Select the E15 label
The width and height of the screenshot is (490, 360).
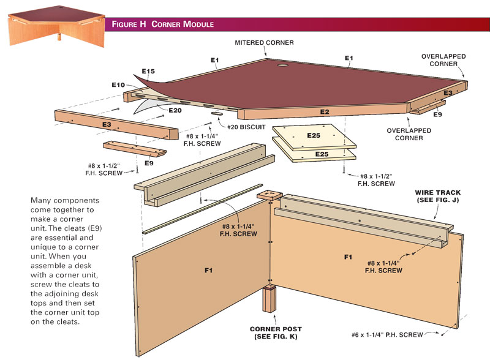point(148,72)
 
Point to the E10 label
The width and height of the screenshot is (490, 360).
point(118,84)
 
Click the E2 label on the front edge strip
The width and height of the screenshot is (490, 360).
point(324,112)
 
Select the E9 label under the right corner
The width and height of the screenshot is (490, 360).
point(437,114)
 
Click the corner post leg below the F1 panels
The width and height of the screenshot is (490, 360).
point(269,301)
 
